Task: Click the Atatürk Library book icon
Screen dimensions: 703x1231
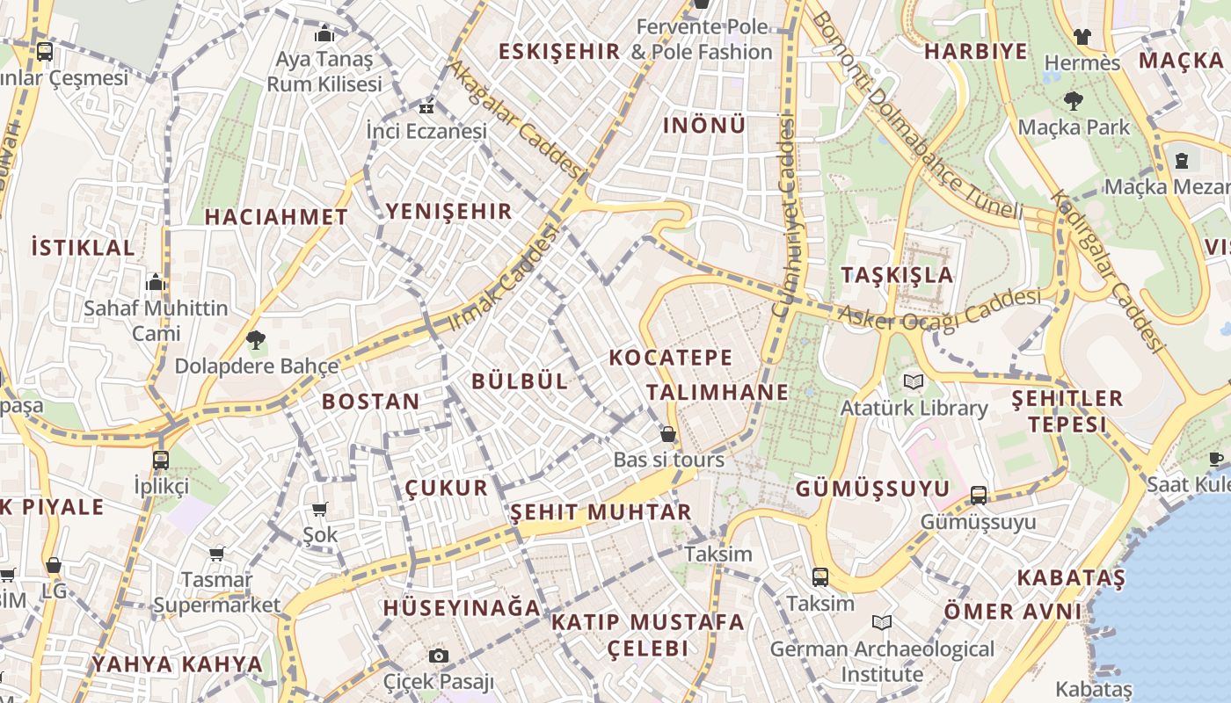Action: coord(914,381)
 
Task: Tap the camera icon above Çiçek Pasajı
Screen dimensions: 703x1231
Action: coord(439,656)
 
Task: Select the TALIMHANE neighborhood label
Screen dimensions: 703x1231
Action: coord(717,392)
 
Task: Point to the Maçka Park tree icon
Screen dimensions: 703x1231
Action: coord(1073,100)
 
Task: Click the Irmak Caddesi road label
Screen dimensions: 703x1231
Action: coord(504,279)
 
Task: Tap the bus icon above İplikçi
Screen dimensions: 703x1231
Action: coord(161,460)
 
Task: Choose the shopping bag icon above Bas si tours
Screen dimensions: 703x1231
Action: coord(668,434)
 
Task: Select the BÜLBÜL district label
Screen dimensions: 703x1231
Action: coord(520,380)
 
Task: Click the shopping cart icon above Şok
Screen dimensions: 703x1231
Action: coord(319,510)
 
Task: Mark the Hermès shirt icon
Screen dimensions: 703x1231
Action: coord(1082,37)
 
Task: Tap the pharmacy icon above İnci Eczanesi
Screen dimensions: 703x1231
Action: coord(426,108)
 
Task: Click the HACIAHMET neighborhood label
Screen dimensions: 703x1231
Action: coord(276,216)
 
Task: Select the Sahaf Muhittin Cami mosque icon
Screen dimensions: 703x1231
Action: coord(156,282)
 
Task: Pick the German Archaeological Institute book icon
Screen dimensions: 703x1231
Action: coord(882,622)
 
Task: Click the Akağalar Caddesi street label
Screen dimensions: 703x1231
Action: coord(514,118)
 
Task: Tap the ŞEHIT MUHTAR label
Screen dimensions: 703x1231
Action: coord(601,511)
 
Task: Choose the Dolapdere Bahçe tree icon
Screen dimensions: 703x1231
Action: coord(256,339)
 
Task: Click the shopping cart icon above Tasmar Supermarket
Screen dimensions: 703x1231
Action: coord(216,554)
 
